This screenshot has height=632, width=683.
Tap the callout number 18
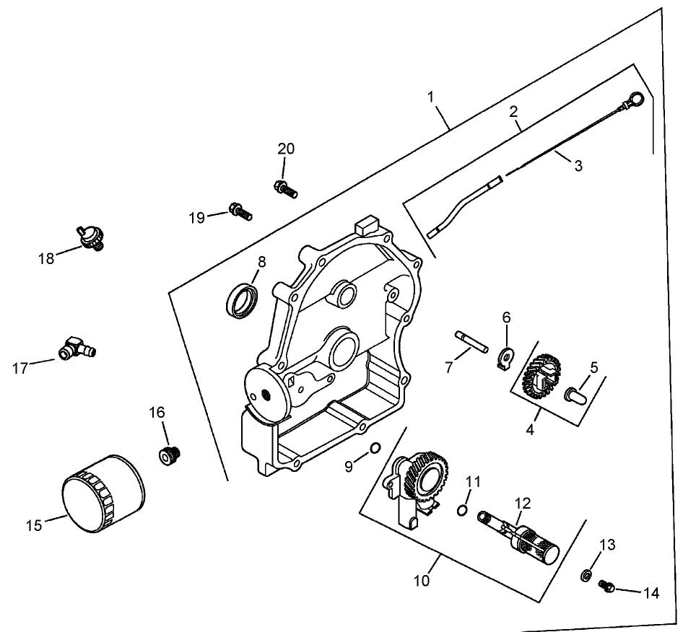pyautogui.click(x=47, y=258)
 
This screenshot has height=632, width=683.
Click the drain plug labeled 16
pyautogui.click(x=169, y=455)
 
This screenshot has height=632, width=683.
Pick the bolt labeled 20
pyautogui.click(x=286, y=189)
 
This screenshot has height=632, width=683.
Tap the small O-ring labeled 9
pyautogui.click(x=374, y=449)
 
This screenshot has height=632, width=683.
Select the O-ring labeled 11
pyautogui.click(x=462, y=512)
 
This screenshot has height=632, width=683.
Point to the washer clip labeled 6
pyautogui.click(x=507, y=354)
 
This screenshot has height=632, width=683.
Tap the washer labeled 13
pyautogui.click(x=586, y=575)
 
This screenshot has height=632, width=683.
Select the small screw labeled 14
pyautogui.click(x=606, y=587)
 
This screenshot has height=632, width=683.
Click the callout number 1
pyautogui.click(x=432, y=97)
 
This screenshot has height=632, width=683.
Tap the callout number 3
pyautogui.click(x=578, y=165)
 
